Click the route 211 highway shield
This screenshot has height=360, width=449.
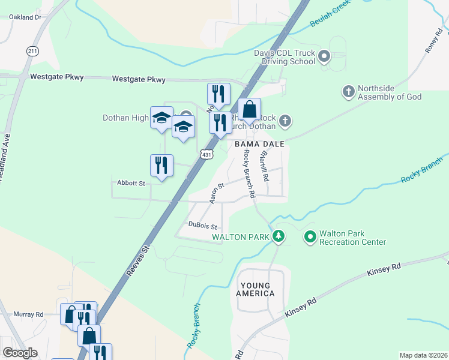pos(32,52)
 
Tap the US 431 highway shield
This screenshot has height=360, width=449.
pos(206,154)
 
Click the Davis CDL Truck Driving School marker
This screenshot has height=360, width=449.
pos(324,57)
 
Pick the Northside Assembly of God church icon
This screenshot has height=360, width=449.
pos(348,92)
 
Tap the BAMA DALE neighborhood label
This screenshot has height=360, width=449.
pos(258,145)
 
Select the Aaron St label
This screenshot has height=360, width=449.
pos(216,193)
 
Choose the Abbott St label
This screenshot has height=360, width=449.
pos(131,183)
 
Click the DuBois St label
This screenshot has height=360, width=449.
pos(202,226)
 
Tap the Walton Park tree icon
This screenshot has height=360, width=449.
pos(278,236)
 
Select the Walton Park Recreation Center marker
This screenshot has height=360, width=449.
pos(310,237)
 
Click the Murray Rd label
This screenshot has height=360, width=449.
pos(28,314)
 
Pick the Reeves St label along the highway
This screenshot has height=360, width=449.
pos(137,260)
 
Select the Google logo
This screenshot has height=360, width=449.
pos(20,353)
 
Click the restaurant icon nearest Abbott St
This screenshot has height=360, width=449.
pos(161,165)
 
